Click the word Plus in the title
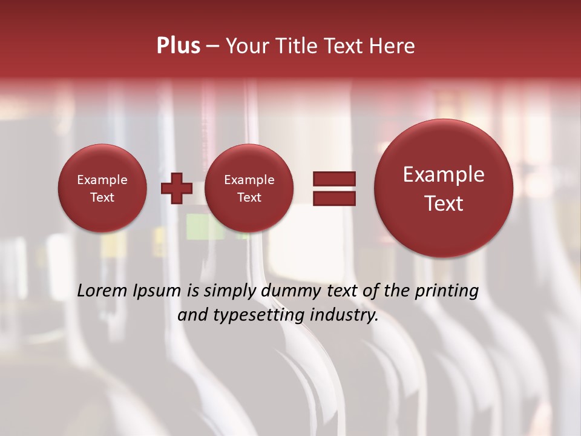point(179,46)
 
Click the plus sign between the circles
point(176,188)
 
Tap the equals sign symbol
point(334,188)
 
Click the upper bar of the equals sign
point(334,179)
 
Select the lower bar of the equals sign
point(334,198)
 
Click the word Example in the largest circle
point(444,175)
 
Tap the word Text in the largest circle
point(444,203)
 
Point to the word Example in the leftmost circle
point(102,180)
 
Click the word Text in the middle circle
point(249,197)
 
